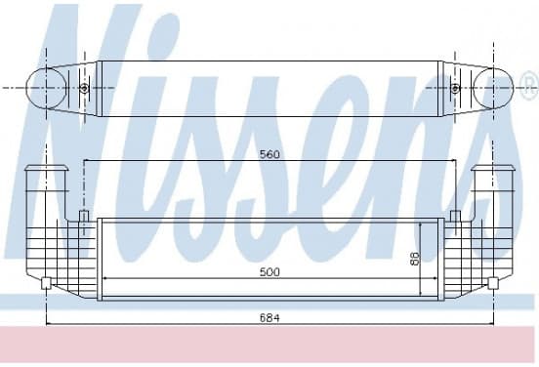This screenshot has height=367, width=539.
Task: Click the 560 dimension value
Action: [269, 154]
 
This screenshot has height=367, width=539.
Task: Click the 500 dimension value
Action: [269, 272]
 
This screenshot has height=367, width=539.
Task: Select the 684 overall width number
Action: [269, 318]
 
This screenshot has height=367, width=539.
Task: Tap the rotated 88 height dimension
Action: [415, 259]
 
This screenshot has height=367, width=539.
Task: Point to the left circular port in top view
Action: [47, 88]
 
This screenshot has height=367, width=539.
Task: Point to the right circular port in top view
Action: [493, 88]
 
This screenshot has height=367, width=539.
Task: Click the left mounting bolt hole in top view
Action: [84, 88]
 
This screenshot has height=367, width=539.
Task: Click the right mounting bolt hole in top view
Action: [455, 88]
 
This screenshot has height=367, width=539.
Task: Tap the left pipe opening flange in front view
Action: [47, 168]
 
